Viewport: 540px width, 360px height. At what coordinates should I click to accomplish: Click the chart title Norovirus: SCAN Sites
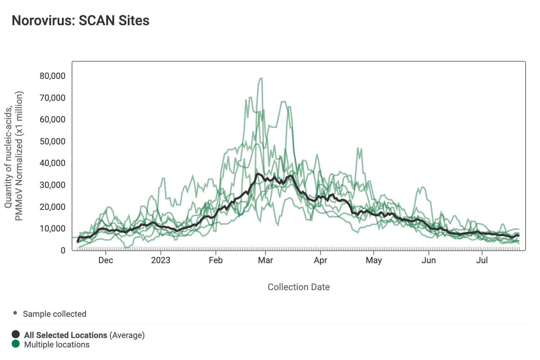pos(81,21)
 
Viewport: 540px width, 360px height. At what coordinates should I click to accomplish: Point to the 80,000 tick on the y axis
pos(53,76)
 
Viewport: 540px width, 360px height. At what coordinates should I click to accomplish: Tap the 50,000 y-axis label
pos(53,141)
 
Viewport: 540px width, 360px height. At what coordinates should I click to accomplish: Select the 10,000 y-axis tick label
pos(53,229)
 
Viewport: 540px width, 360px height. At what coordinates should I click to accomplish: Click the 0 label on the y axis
pos(63,251)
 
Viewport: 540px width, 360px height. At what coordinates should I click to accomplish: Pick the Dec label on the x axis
pos(105,260)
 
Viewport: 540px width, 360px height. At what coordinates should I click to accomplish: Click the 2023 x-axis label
pos(161,260)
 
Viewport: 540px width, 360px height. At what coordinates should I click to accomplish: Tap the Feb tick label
pos(216,260)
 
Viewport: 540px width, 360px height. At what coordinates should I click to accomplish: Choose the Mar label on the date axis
pos(265,260)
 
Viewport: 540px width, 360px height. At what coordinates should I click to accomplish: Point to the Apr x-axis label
pos(320,260)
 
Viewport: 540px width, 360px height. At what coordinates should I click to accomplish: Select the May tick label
pos(374,260)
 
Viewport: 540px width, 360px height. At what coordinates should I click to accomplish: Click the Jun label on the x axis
pos(429,260)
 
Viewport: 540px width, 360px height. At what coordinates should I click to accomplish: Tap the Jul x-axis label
pos(482,260)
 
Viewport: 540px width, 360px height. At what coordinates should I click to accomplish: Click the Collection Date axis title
pos(298,287)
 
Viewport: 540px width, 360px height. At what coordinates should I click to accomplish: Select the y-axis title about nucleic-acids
pos(14,156)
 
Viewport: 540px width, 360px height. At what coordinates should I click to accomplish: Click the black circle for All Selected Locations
pos(15,334)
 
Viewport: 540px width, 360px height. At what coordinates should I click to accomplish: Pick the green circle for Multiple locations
pos(15,344)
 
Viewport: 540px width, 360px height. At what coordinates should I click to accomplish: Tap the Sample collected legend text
pos(54,314)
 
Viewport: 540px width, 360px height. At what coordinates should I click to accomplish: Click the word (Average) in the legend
pos(127,335)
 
